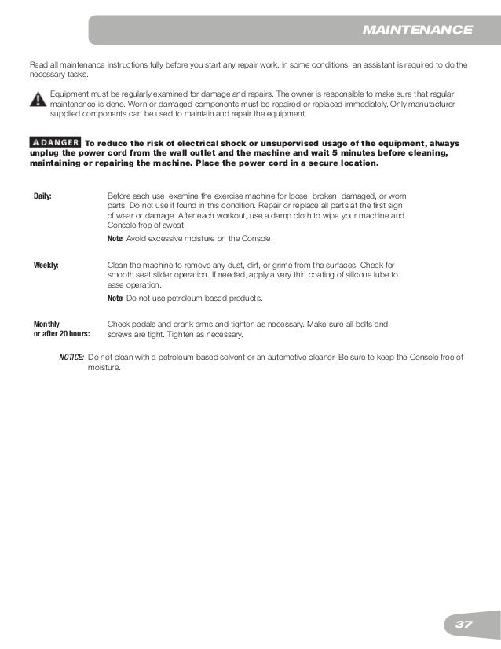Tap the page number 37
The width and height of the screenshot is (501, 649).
pos(463,624)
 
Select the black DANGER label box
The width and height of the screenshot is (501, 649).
pos(54,142)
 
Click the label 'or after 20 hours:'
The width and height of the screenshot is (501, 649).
pos(61,334)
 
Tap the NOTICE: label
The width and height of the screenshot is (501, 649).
pos(71,357)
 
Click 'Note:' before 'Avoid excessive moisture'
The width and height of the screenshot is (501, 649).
pos(115,238)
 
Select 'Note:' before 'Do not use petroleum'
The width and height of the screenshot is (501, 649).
pos(115,299)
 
